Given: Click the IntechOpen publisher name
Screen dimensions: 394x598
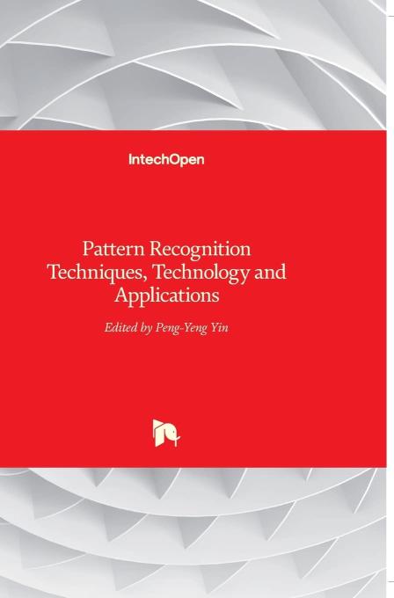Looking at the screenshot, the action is tap(166, 160).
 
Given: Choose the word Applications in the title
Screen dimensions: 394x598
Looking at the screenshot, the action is tap(167, 295).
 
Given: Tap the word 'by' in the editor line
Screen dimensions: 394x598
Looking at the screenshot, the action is tap(146, 329).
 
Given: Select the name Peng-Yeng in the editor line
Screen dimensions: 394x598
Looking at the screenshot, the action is tap(181, 329).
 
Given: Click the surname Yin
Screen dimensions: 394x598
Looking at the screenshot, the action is tap(219, 328).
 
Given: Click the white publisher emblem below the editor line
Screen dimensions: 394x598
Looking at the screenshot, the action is tap(166, 433).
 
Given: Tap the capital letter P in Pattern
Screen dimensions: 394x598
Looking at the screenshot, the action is tap(88, 249).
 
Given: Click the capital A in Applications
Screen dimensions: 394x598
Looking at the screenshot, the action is tap(121, 295).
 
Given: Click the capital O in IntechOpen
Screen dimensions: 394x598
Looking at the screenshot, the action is tap(175, 159).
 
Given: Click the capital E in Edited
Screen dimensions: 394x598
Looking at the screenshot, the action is tap(109, 327).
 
